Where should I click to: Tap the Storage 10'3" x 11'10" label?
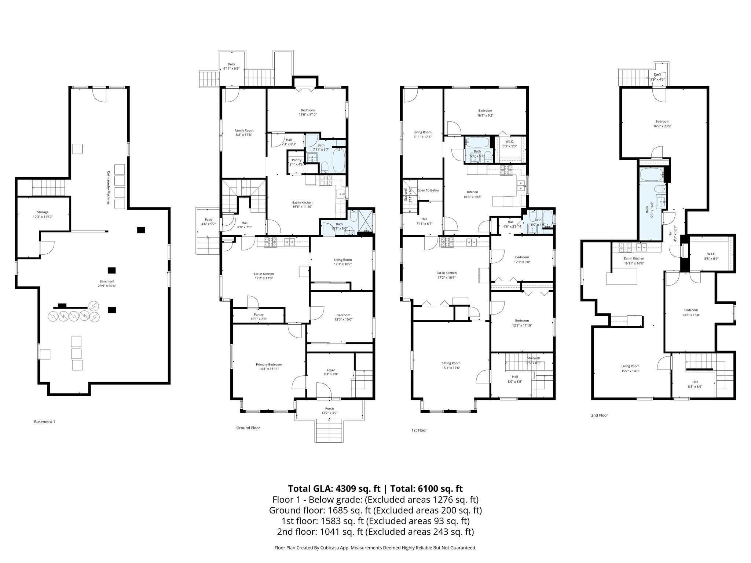click(43, 214)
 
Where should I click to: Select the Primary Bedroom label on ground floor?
click(269, 367)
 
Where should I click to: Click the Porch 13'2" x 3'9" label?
click(329, 411)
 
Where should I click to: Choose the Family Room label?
click(244, 132)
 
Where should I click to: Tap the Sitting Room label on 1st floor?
click(451, 365)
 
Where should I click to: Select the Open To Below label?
click(428, 190)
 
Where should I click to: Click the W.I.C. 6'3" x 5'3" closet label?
click(509, 144)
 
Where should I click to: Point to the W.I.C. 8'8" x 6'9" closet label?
click(711, 256)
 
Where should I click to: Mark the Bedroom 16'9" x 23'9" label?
click(662, 124)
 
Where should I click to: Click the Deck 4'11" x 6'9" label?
click(231, 66)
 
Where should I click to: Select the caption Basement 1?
click(44, 422)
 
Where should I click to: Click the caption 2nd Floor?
click(599, 415)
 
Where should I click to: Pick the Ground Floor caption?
click(248, 428)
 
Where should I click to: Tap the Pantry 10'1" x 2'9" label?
click(259, 317)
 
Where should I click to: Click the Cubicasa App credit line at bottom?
click(375, 548)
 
